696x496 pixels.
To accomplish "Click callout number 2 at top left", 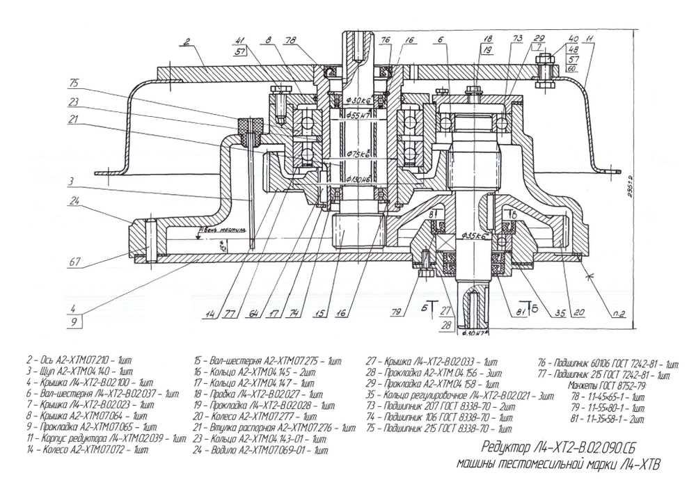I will [x=186, y=42].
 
